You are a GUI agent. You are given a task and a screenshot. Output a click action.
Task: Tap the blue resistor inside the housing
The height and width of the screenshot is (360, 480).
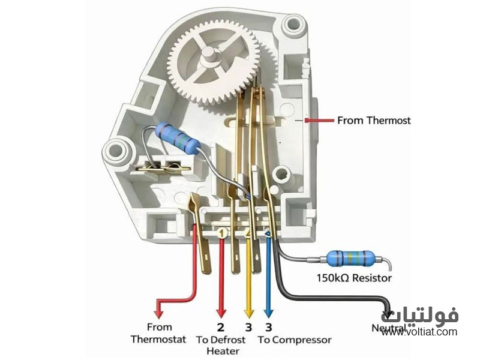178,137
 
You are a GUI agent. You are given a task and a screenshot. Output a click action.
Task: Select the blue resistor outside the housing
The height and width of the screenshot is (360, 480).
350,259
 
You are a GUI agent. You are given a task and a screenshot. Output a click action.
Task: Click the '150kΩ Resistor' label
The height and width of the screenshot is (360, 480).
354,278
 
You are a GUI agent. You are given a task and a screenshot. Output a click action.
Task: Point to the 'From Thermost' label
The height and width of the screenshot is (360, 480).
374,121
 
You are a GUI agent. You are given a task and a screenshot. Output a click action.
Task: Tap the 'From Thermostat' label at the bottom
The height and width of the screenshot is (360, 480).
159,334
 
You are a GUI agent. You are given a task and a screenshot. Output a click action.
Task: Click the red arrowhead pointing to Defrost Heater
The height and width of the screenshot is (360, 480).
221,312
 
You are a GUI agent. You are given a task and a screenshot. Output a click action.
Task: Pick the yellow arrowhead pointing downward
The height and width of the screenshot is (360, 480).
248,312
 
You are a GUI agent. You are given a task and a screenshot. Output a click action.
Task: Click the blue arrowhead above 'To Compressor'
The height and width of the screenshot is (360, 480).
268,312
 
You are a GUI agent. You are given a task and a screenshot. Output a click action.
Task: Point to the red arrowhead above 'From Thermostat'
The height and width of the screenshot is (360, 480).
158,312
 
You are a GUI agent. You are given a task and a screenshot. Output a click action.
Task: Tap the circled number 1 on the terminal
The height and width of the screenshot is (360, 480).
223,232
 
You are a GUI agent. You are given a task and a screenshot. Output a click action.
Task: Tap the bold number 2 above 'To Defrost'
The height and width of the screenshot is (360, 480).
220,327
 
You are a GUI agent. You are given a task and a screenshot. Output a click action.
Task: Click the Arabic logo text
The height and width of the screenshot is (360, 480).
419,314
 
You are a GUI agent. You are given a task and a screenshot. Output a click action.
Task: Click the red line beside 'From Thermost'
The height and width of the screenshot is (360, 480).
319,121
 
